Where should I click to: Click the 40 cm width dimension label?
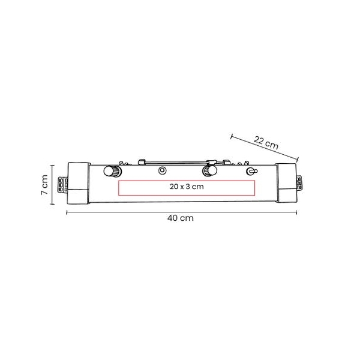(180, 218)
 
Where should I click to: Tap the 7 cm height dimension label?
(44, 185)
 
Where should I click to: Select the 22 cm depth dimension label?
(266, 143)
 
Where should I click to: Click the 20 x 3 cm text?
(187, 187)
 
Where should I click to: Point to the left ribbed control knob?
(112, 171)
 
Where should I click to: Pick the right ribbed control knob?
(209, 171)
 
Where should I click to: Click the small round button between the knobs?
(163, 170)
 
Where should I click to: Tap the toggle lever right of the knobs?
(251, 171)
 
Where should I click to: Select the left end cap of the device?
(78, 183)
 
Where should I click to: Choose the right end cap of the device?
(287, 183)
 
